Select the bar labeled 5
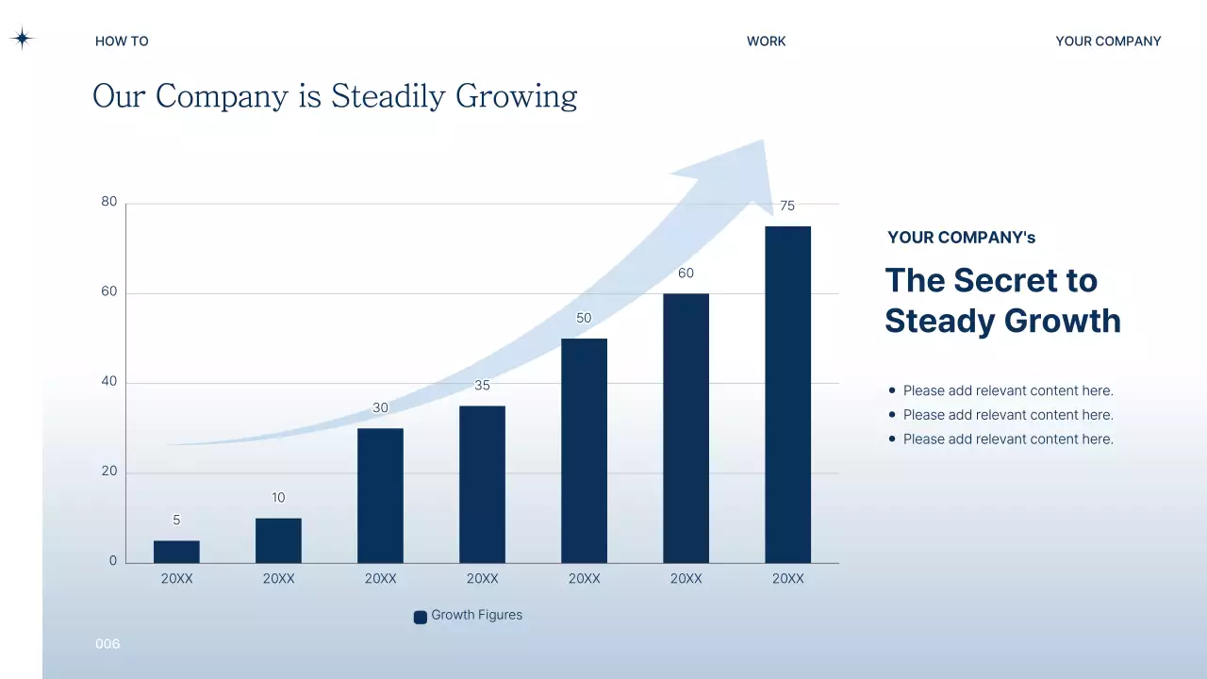coord(176,552)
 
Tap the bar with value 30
coord(380,495)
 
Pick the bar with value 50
coord(584,450)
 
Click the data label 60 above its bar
coord(686,273)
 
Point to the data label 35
coord(482,386)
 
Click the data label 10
coord(278,498)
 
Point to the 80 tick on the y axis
coord(109,202)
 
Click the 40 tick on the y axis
coord(109,382)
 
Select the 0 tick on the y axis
coord(113,561)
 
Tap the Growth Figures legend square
coord(421,617)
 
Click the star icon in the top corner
coord(22,39)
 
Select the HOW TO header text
coord(122,41)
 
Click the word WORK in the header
coord(766,41)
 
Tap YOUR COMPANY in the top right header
coord(1108,41)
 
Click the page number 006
coord(107,644)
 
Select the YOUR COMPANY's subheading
coord(961,238)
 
